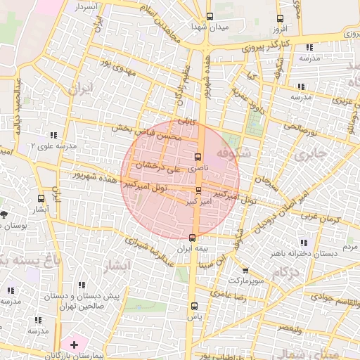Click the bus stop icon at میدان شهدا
[210, 17]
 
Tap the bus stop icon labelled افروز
[281, 19]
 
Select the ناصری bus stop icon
[198, 156]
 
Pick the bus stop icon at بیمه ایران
[193, 237]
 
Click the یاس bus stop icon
[195, 306]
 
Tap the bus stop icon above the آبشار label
[41, 199]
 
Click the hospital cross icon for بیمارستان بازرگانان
[74, 344]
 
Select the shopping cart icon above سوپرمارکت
[245, 270]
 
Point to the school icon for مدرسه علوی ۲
[53, 135]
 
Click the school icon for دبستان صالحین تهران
[82, 285]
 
